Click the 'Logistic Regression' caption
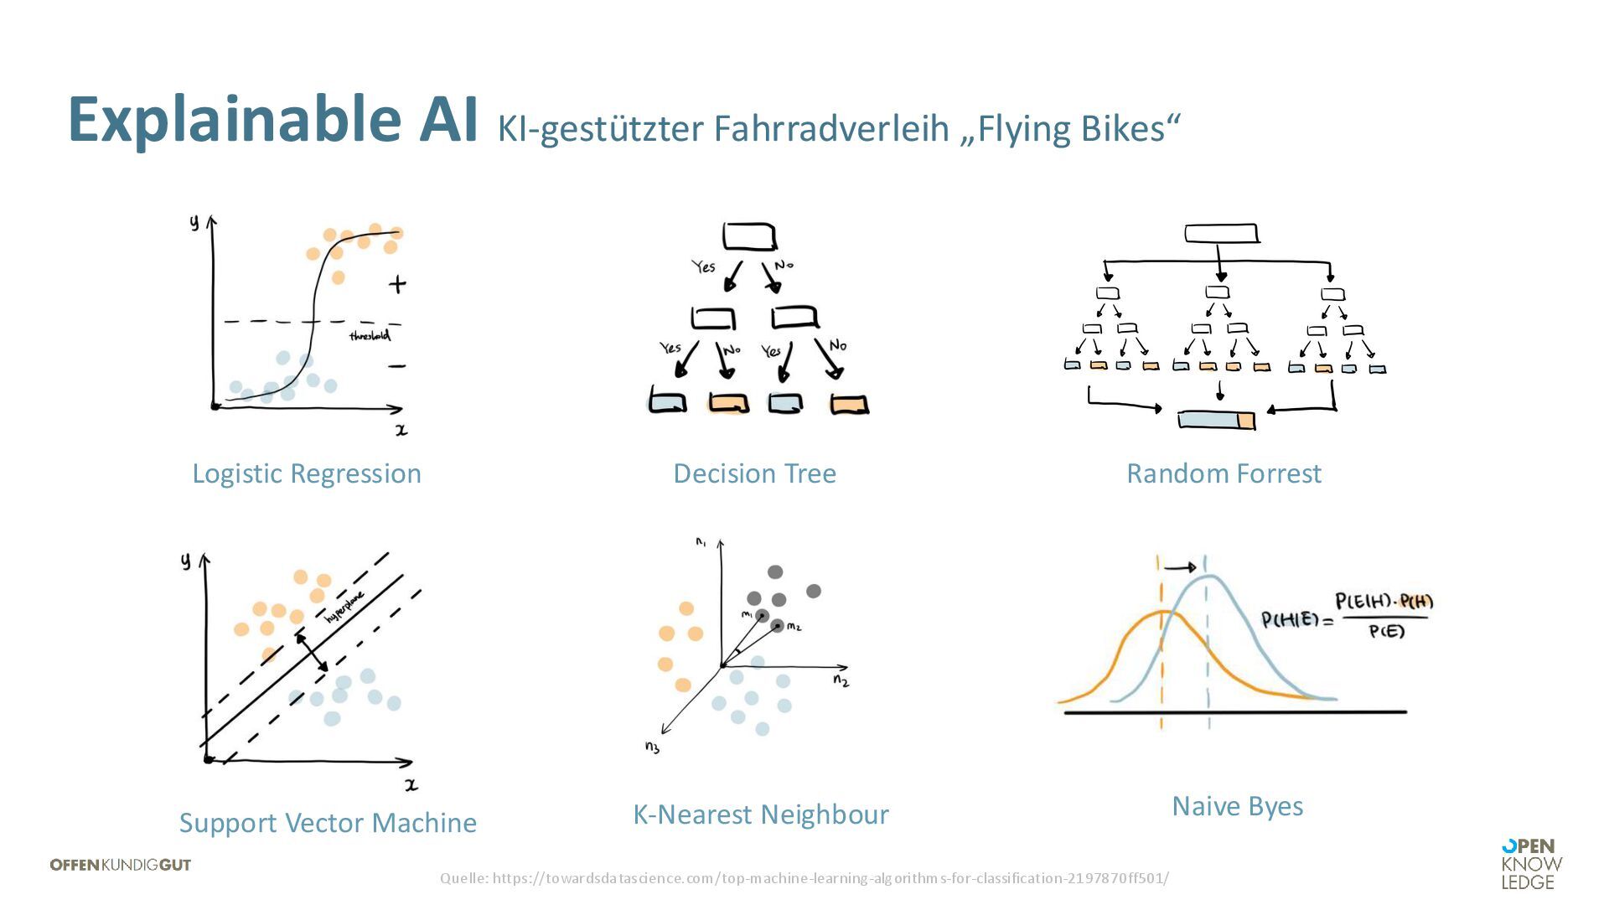307,473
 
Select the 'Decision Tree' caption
754,473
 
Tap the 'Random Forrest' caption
1224,473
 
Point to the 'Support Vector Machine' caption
328,823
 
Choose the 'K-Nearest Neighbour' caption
760,814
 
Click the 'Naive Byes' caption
1237,806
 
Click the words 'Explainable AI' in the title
272,120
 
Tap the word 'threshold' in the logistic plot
370,336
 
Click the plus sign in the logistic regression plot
397,284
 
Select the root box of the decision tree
749,236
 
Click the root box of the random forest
1221,233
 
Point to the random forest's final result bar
1216,419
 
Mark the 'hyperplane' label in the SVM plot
344,607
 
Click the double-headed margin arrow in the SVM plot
312,652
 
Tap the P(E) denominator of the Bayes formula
1386,631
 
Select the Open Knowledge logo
1531,864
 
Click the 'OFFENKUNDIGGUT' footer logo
121,865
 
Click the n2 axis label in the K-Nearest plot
841,680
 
